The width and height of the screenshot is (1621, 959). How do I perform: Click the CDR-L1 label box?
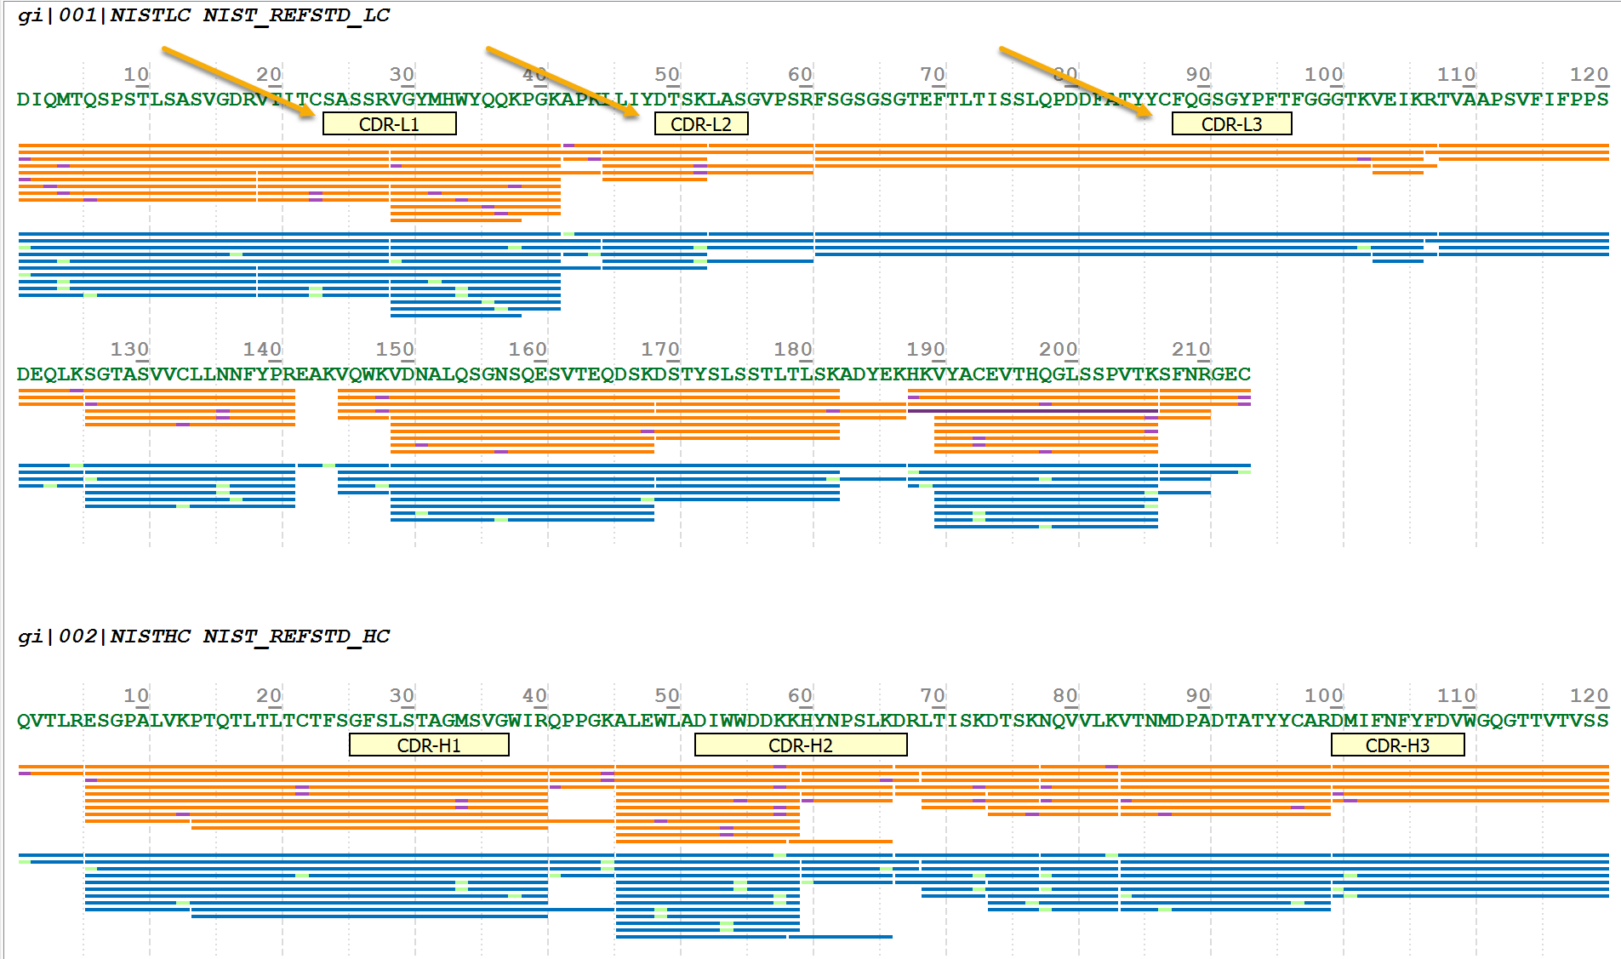pos(389,124)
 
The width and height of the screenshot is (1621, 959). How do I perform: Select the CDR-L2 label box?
pos(700,124)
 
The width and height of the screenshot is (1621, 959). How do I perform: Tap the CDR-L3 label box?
pos(1231,124)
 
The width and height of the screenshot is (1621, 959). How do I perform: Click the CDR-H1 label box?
pos(429,745)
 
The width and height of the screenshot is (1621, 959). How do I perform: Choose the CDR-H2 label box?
pos(800,745)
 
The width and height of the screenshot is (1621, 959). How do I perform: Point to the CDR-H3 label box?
pos(1397,745)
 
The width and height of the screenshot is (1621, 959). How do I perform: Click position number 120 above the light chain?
pos(1589,75)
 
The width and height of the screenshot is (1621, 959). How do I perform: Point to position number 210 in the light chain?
pos(1190,350)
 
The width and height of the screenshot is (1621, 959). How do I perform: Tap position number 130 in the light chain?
pos(129,350)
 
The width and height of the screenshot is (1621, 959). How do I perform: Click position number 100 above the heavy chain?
pos(1323,696)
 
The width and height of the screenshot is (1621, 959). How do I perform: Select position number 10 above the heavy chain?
pos(136,696)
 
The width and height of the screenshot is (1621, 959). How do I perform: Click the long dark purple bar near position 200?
pos(1032,411)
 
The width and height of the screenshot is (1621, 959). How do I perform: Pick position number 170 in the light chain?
pos(660,350)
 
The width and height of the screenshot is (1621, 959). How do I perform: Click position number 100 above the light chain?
pos(1323,75)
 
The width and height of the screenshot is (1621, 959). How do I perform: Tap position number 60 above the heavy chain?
pos(800,696)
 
